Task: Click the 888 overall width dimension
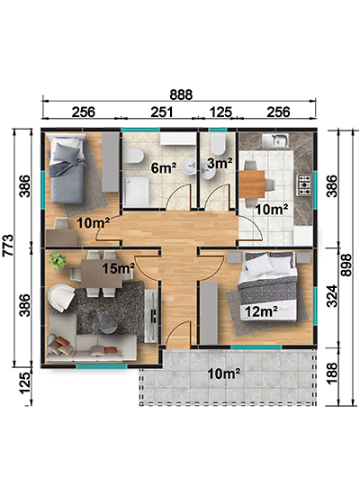coord(181,94)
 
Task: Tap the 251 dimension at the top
coord(162,112)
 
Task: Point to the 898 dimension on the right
coord(346,265)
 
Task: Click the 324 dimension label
coord(331,296)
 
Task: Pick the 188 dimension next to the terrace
coord(331,373)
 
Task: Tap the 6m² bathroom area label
coord(164,167)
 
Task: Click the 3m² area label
coord(220,163)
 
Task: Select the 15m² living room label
coord(118,268)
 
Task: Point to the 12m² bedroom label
coord(261,312)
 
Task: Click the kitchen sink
coord(275,140)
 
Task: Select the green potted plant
coord(58,261)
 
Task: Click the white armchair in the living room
coord(60,298)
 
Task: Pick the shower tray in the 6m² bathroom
coord(136,191)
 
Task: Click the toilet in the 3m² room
coord(218,144)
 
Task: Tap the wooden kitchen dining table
coord(252,184)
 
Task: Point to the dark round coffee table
coord(103,321)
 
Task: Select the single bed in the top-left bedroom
coord(67,168)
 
